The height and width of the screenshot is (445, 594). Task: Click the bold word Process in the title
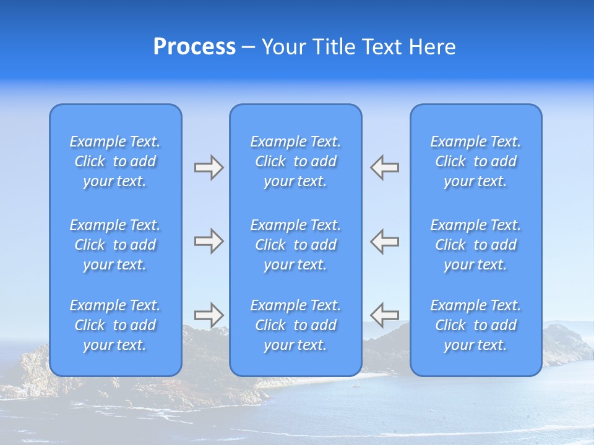pos(194,47)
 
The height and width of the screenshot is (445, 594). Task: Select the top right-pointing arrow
pos(209,167)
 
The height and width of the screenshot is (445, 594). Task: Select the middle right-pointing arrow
pos(209,241)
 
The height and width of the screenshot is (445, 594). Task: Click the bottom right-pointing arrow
pos(209,315)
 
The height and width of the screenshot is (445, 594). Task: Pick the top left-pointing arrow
pos(384,167)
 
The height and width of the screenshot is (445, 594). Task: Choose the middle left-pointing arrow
pos(384,241)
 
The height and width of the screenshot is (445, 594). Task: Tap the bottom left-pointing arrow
pos(384,315)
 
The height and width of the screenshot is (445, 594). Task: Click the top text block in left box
pos(115,161)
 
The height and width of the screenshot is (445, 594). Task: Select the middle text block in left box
pos(115,245)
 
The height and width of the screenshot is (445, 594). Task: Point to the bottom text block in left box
pos(115,325)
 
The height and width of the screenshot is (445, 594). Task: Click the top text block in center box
pos(296,161)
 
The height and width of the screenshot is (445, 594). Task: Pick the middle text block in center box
pos(296,245)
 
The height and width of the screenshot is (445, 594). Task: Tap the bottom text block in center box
pos(296,325)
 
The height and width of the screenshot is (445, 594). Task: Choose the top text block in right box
pos(476,161)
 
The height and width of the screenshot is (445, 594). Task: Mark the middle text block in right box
pos(476,245)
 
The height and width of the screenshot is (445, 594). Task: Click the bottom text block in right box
pos(476,325)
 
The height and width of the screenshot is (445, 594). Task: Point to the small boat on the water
pos(355,386)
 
